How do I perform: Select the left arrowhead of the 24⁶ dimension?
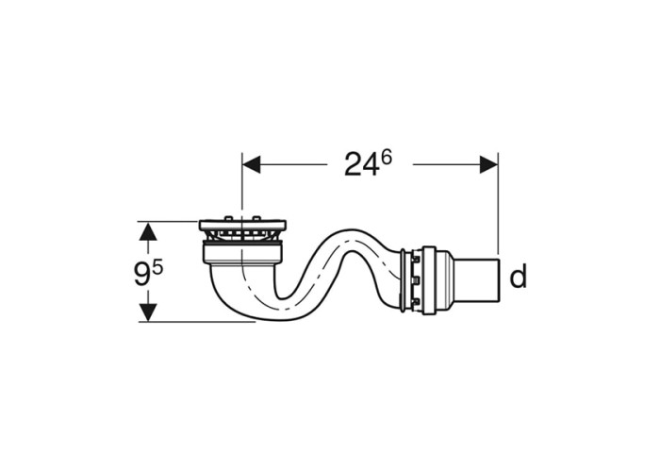252,164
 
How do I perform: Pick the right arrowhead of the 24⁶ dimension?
488,164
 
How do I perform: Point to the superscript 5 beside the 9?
157,269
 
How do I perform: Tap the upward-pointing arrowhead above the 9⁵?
148,231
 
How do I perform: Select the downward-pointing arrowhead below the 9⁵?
148,312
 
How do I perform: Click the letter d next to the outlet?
518,277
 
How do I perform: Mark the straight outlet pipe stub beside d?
478,280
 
